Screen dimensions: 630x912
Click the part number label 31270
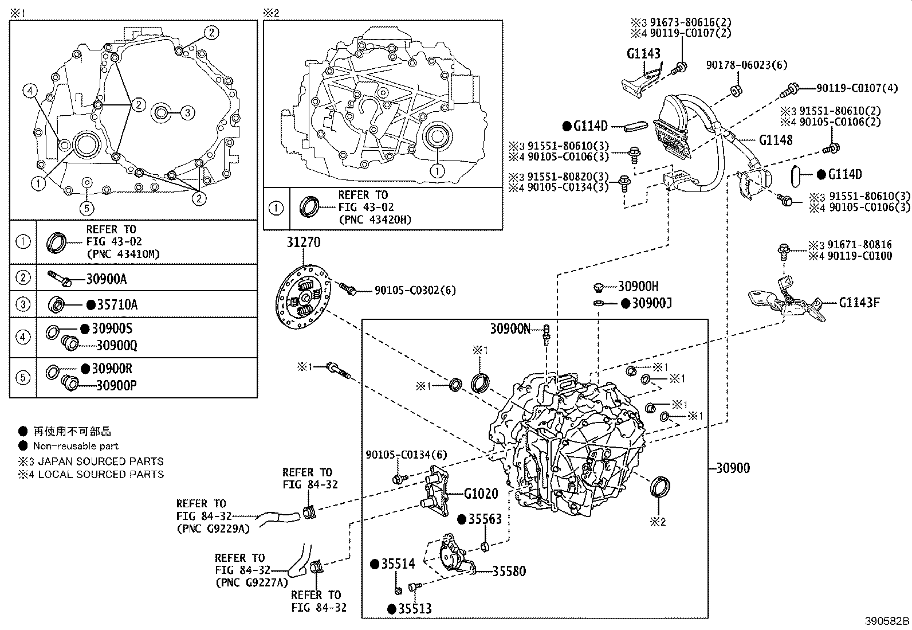[303, 242]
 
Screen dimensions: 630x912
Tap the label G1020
[481, 494]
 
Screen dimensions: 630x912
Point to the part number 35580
[509, 571]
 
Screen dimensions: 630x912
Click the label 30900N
[510, 328]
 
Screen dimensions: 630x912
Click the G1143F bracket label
[859, 302]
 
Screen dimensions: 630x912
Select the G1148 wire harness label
[776, 140]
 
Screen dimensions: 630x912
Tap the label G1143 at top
[643, 54]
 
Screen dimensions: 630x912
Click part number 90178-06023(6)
[746, 65]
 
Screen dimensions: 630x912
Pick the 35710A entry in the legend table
[117, 305]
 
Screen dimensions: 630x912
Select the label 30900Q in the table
[116, 345]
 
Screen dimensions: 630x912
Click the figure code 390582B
[887, 621]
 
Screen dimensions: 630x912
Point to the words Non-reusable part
[76, 446]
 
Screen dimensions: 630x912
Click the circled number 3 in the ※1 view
[188, 113]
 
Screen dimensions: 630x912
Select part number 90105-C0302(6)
[415, 291]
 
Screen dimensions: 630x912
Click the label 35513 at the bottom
[415, 609]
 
